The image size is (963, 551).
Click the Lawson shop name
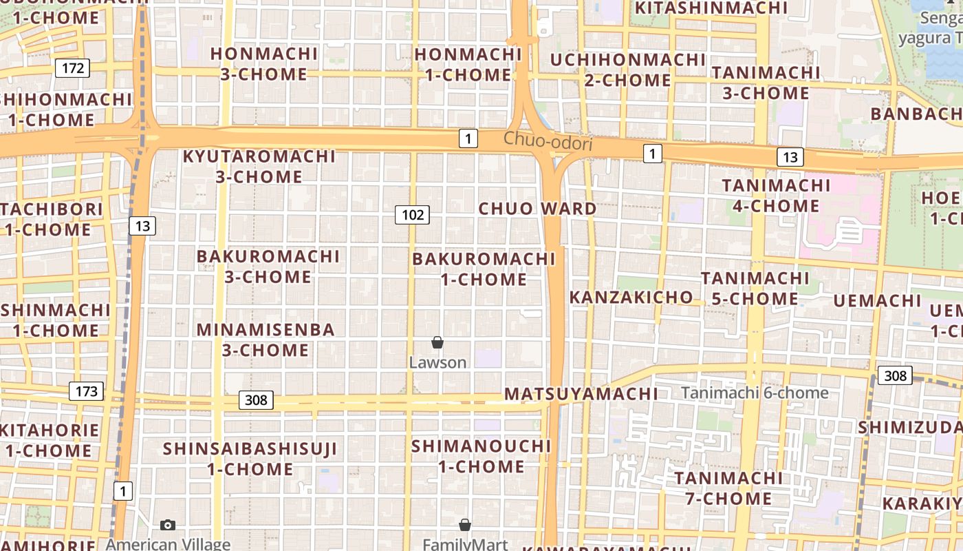click(x=437, y=362)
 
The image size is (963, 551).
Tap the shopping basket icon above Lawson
click(x=437, y=342)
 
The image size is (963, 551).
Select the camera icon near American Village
click(x=167, y=526)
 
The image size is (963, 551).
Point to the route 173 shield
click(x=86, y=392)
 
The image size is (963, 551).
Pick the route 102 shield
click(x=413, y=215)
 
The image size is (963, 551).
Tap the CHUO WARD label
click(x=537, y=209)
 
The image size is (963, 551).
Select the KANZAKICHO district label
click(x=631, y=298)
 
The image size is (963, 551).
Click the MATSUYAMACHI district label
click(x=581, y=394)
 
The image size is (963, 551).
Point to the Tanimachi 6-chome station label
click(x=755, y=393)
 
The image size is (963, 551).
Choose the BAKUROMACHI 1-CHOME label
click(x=484, y=269)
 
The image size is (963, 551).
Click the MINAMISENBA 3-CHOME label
click(x=266, y=340)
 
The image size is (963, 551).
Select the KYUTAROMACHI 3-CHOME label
click(x=259, y=166)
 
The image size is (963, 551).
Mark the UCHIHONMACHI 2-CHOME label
click(x=628, y=70)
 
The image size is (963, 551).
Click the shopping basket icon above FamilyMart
click(x=465, y=526)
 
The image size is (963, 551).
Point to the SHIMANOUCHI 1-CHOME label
click(x=481, y=456)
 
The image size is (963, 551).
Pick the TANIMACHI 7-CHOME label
click(x=728, y=488)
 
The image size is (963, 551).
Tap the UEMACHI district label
click(x=877, y=301)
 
